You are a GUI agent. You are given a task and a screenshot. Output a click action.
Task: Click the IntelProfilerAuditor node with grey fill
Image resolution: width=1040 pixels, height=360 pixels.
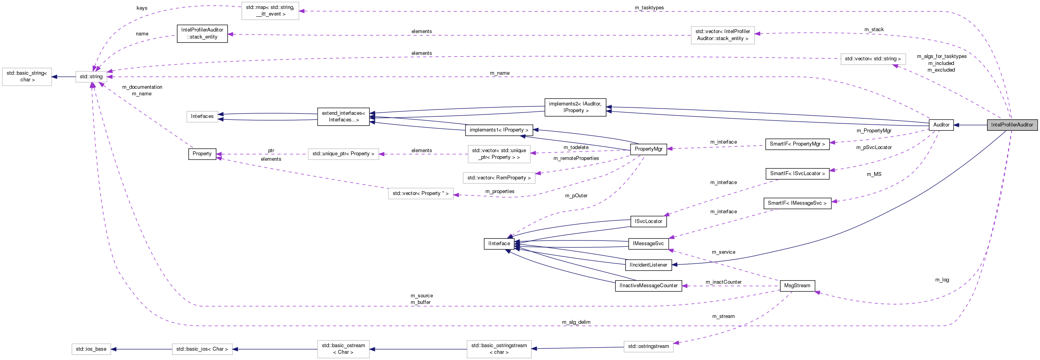click(x=1012, y=125)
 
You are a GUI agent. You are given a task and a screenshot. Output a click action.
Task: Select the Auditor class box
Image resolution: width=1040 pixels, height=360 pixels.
click(x=941, y=125)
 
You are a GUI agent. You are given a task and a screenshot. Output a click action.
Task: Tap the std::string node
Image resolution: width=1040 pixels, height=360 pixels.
click(x=91, y=77)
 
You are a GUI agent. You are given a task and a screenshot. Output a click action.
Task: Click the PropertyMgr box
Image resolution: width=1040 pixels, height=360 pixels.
click(x=648, y=149)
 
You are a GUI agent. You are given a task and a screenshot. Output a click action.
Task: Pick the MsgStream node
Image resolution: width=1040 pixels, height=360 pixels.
click(x=797, y=286)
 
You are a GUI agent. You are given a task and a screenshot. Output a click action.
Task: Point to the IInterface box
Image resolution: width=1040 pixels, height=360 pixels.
click(x=499, y=244)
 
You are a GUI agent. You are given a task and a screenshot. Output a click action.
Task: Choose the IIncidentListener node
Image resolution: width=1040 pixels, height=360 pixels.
click(x=648, y=265)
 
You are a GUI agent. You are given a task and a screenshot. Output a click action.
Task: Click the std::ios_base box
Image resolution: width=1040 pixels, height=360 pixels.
click(x=91, y=349)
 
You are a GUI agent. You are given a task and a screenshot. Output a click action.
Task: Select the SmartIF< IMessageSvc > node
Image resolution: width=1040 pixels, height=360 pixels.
click(x=797, y=203)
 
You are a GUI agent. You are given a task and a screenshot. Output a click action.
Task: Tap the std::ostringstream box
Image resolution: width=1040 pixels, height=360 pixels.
click(x=648, y=346)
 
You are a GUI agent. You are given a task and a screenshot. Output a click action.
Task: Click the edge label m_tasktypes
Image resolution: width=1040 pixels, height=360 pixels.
click(x=649, y=8)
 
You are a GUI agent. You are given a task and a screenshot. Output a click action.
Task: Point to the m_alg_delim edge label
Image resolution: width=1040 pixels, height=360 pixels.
click(x=576, y=322)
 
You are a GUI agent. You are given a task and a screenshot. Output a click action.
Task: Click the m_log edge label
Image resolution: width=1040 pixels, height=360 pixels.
click(x=942, y=280)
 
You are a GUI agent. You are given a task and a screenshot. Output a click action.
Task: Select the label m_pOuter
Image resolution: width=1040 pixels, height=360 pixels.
click(x=576, y=196)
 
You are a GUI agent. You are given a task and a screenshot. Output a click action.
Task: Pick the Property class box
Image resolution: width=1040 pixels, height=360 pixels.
click(x=202, y=154)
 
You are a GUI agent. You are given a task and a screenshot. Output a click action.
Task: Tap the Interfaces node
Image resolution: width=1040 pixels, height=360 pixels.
click(x=202, y=116)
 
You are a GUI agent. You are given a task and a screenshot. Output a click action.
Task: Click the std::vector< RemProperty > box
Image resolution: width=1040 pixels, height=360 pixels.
click(x=499, y=178)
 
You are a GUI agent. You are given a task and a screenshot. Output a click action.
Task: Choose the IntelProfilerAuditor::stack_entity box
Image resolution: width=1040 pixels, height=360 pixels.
click(x=202, y=33)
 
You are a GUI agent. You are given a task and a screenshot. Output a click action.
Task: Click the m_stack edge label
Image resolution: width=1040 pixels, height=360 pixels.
click(x=874, y=30)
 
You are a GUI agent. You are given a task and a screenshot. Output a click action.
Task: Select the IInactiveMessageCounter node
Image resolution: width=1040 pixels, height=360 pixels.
click(x=648, y=286)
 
